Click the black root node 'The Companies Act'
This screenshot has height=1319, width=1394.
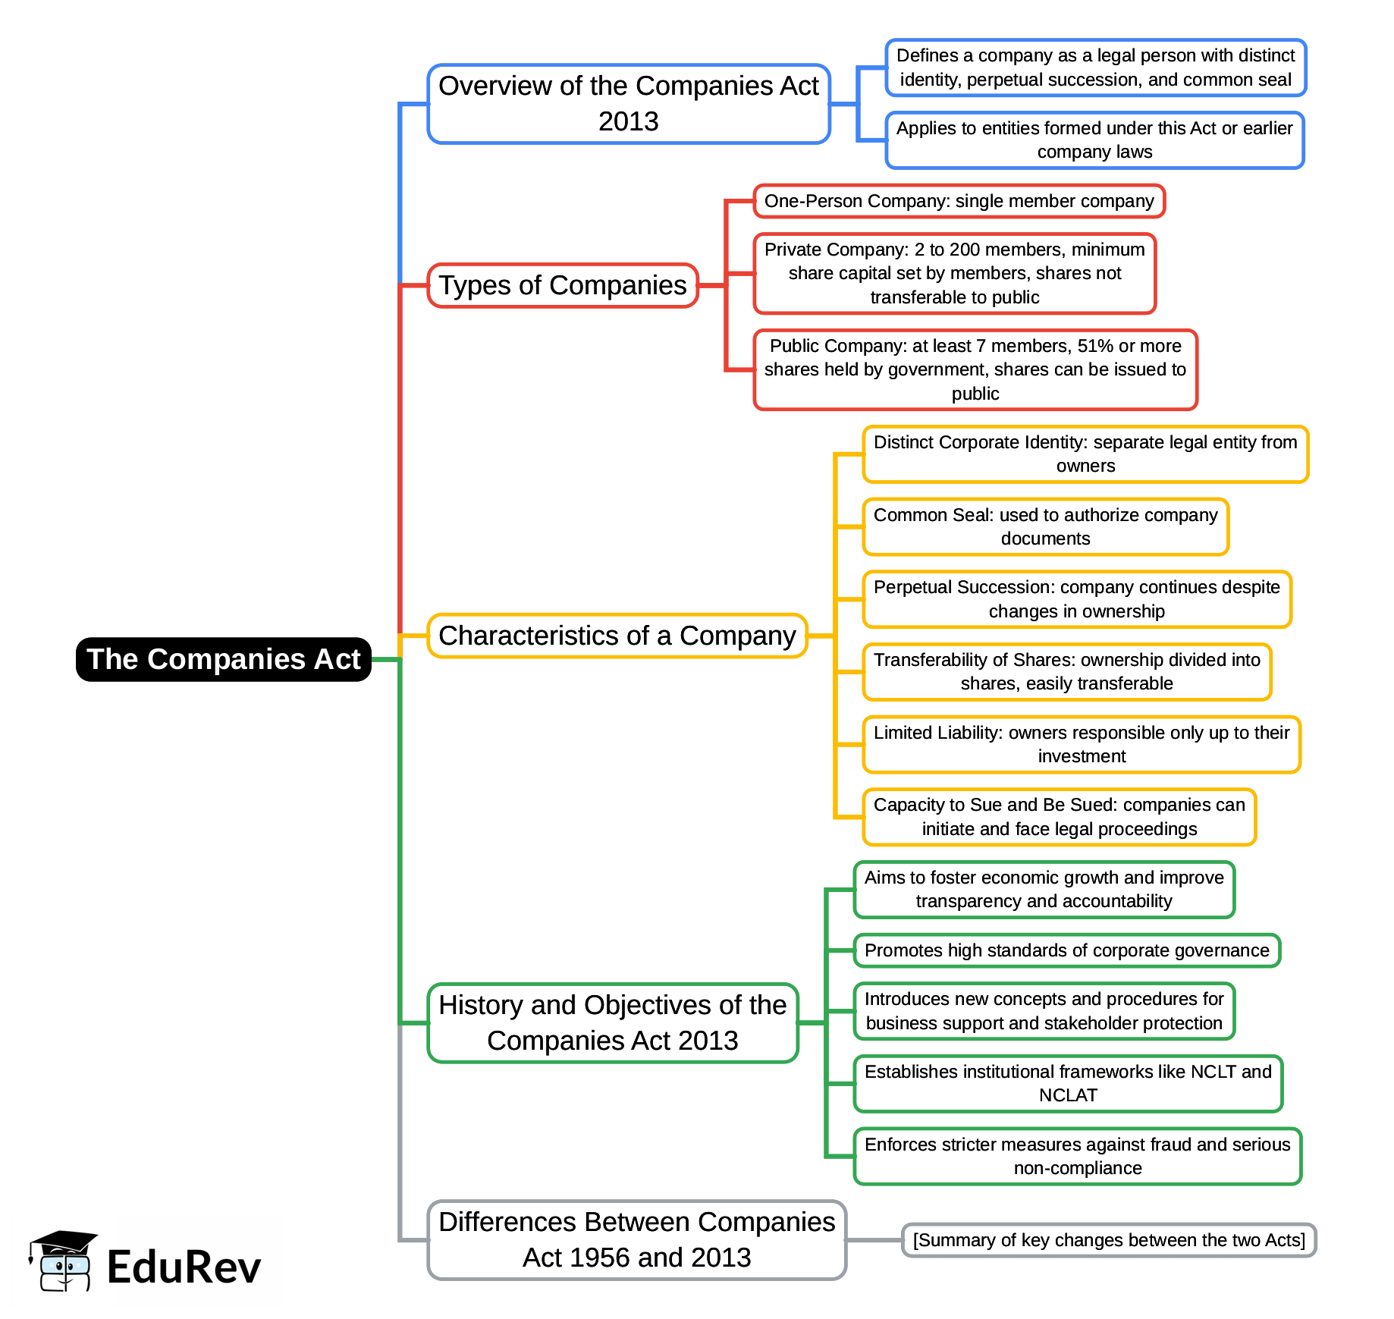coord(223,659)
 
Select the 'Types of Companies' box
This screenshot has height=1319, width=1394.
coord(562,285)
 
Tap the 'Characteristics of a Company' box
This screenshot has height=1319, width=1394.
coord(617,636)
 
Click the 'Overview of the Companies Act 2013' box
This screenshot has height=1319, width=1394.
coord(628,104)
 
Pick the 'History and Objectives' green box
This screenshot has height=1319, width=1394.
coord(612,1022)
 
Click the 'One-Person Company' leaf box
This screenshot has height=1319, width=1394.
coord(959,201)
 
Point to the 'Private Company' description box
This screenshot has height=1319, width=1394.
coord(954,273)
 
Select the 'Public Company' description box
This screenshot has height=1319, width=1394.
coord(975,369)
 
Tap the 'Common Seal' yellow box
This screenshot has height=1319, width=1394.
coord(1045,526)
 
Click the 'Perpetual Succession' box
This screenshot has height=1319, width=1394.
coord(1076,599)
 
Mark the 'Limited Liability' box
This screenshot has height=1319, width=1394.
coord(1081,744)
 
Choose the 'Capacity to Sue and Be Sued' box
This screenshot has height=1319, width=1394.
coord(1059,817)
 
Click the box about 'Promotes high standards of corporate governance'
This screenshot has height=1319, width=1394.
coord(1066,950)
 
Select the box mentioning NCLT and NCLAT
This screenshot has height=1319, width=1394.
coord(1067,1083)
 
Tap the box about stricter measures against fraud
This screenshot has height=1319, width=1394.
coord(1077,1156)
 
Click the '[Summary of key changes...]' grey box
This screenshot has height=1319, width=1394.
coord(1108,1240)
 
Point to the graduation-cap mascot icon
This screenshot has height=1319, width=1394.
coord(63,1260)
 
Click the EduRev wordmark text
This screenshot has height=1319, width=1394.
coord(184,1267)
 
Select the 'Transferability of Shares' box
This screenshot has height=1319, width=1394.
coord(1066,671)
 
